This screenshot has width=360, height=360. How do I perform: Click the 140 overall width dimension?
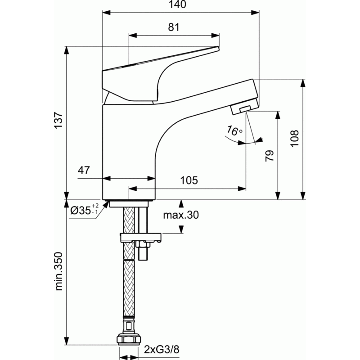pos(177,4)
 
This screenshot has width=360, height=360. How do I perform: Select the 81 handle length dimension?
pos(174,27)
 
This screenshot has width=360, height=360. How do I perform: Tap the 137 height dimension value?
pos(58,120)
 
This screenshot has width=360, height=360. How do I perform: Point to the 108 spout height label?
pos(294,138)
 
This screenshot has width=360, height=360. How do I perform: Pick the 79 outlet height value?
pos(270,156)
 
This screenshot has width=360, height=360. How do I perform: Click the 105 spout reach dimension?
pos(189,180)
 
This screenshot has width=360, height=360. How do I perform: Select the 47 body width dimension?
pos(84,170)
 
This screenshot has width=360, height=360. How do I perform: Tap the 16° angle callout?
pos(234,131)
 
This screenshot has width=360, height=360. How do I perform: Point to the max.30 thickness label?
pos(181,215)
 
